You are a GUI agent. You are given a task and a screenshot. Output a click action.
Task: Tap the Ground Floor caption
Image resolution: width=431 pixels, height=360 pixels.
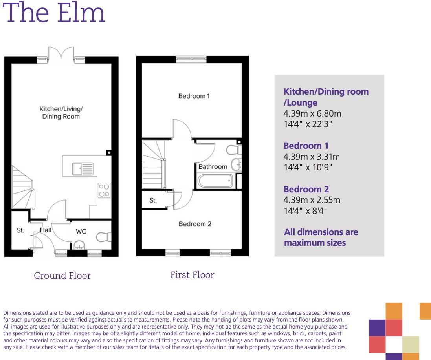pos(62,276)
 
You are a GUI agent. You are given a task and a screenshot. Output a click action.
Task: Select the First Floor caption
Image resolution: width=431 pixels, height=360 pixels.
pos(192,275)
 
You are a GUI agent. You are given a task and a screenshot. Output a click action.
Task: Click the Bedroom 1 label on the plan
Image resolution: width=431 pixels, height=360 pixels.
pos(194,96)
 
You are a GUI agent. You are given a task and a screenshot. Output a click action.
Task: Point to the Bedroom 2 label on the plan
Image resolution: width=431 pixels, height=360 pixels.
pos(195,224)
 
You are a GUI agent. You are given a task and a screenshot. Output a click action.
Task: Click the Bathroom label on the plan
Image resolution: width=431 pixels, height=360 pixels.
pos(213,166)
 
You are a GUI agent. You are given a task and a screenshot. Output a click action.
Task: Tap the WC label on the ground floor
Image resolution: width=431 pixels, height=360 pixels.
pos(81,232)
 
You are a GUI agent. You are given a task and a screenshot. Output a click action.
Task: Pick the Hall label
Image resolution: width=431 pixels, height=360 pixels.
pos(46,230)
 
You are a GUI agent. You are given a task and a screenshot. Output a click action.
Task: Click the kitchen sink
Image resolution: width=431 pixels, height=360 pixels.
pos(83,169)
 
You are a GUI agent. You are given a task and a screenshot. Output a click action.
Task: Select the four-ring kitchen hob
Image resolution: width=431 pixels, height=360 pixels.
pos(104,190)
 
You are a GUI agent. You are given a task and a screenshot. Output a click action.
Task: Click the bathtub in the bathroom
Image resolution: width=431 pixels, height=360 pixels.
pos(215,181)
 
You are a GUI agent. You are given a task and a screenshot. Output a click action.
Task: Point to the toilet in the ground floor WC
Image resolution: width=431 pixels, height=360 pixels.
pos(104,237)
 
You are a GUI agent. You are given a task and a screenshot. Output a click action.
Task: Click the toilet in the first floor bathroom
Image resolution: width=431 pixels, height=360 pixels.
pos(235,150)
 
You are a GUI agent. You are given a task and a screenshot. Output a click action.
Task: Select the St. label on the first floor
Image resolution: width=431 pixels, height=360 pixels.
pos(153,200)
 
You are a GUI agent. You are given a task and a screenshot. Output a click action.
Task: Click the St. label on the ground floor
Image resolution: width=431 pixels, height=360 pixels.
pos(20,230)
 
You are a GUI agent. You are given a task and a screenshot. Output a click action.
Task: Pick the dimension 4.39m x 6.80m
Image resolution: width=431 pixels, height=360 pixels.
pos(312,114)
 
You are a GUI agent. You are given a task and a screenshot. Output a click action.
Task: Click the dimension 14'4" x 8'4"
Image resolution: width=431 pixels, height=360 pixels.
pos(305,211)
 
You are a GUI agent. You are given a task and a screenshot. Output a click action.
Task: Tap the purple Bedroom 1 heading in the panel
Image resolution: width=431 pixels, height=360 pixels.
pos(306,146)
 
